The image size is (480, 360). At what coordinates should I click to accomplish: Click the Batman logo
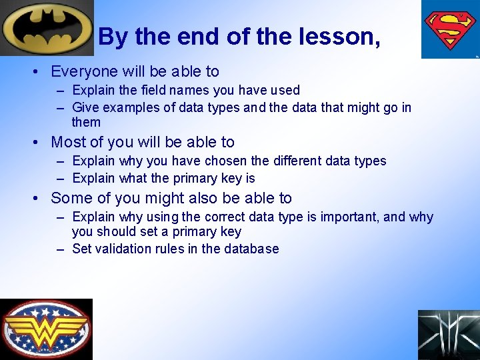(x=47, y=27)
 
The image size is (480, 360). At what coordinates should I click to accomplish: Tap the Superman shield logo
(x=450, y=29)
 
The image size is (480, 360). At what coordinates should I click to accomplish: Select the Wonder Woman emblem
(x=46, y=329)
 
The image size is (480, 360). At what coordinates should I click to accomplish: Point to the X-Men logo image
(x=449, y=335)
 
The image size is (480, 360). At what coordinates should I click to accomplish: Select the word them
(x=86, y=123)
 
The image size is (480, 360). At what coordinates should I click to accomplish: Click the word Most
(x=68, y=142)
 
